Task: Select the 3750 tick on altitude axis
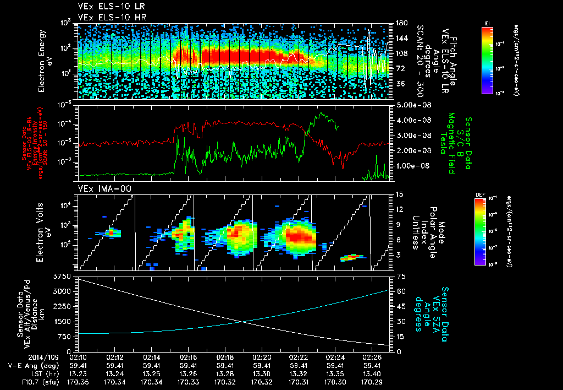click(63, 275)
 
